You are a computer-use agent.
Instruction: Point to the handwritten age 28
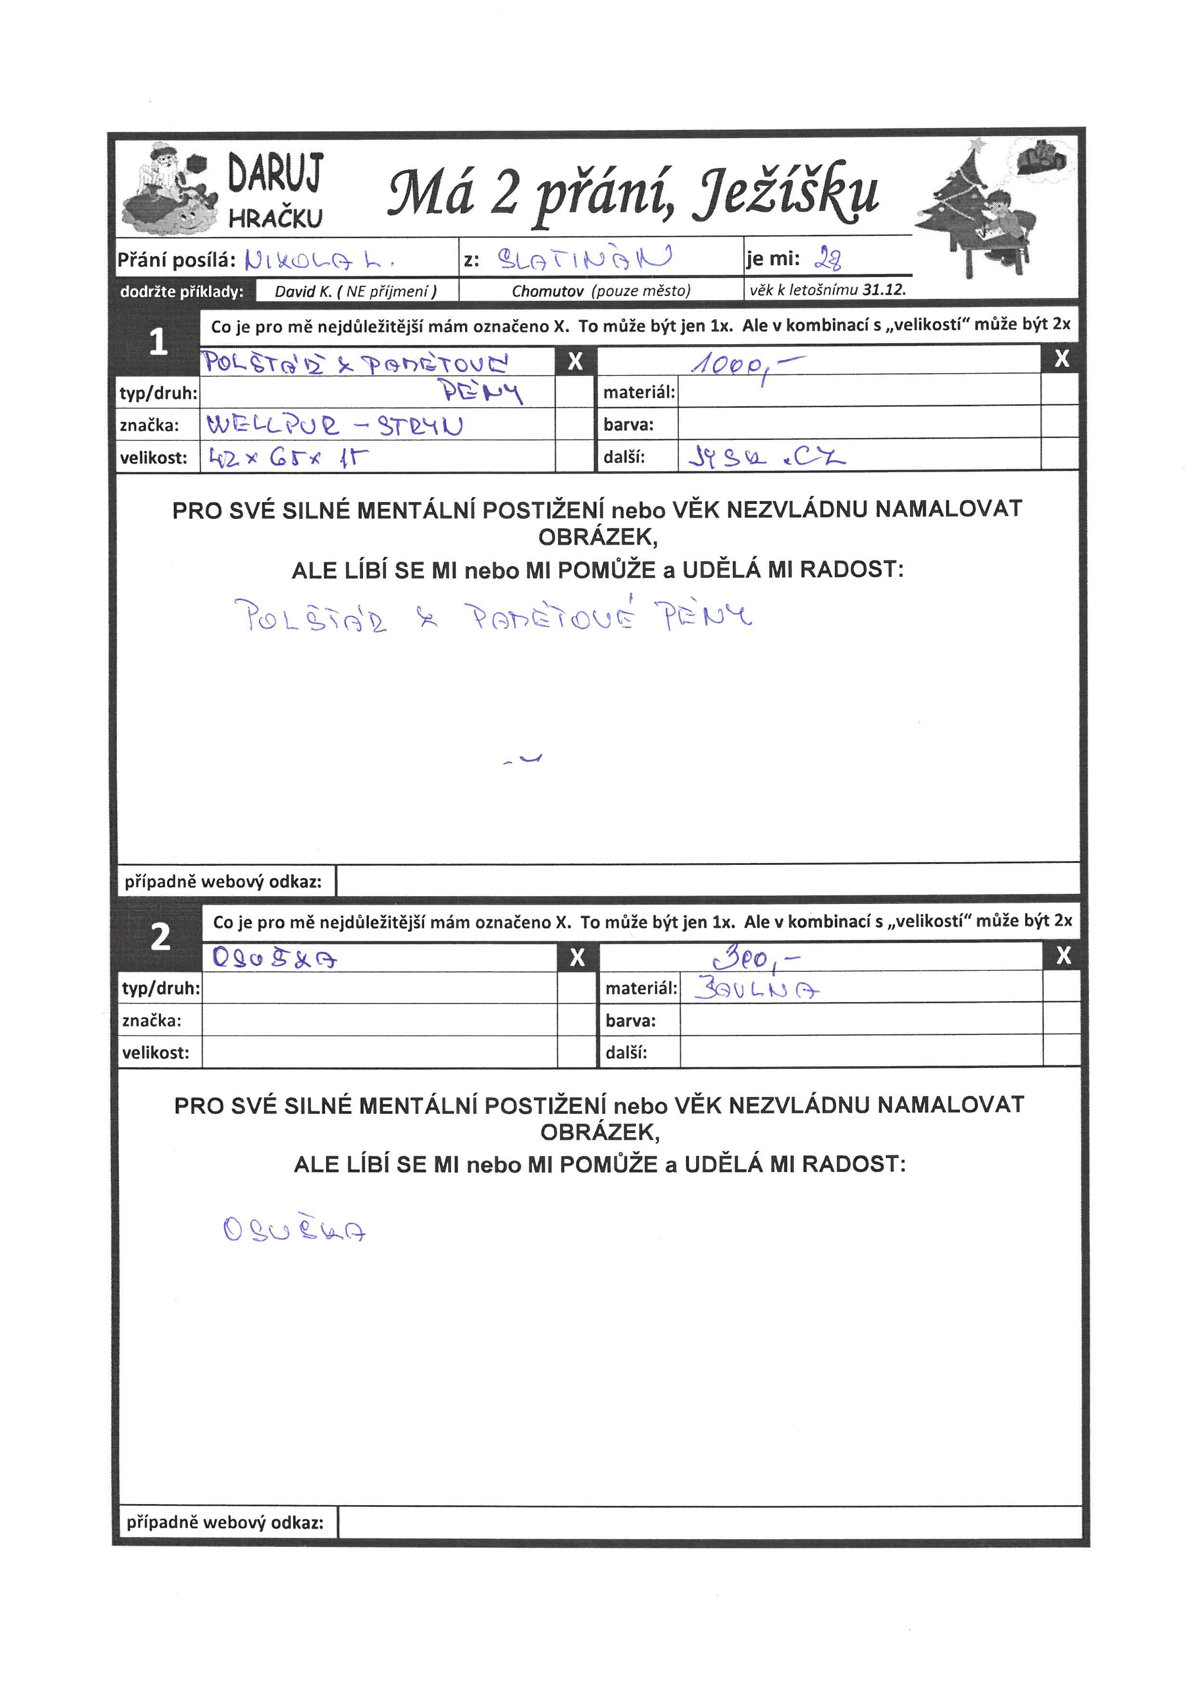(829, 258)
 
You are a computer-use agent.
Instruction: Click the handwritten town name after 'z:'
(584, 258)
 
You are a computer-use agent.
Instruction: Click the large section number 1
(158, 342)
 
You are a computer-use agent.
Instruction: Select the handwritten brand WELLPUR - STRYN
(335, 425)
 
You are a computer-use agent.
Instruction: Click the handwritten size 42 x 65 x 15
(287, 458)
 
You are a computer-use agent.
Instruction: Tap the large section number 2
(160, 937)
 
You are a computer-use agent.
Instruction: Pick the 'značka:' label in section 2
(152, 1020)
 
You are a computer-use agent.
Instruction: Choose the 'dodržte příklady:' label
(182, 292)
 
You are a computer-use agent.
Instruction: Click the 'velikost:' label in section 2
(156, 1053)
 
